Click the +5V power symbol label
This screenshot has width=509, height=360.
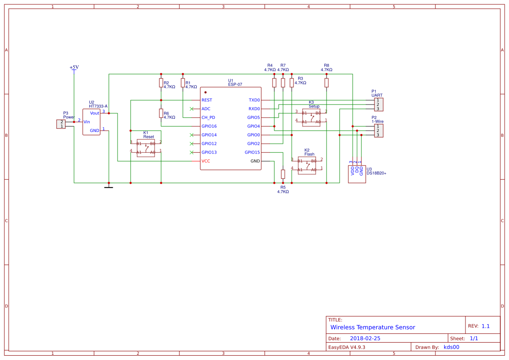[x=74, y=67]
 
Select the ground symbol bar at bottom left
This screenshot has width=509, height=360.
[x=108, y=188]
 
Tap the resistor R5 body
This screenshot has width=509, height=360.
[x=283, y=174]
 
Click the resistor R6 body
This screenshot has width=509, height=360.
[x=161, y=113]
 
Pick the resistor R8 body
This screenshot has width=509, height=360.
[x=327, y=83]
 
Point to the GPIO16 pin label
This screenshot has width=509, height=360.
[x=209, y=126]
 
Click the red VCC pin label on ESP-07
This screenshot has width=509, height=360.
[x=206, y=161]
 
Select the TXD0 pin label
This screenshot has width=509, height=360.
[x=254, y=100]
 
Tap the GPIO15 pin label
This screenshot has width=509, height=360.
[x=252, y=152]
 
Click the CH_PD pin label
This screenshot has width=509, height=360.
[x=208, y=118]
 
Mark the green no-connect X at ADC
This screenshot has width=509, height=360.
[x=192, y=109]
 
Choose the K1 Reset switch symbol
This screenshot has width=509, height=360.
[x=146, y=148]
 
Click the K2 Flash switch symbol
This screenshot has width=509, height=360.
[x=307, y=165]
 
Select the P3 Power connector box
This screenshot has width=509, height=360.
[x=61, y=124]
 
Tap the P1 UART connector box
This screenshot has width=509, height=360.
[x=378, y=104]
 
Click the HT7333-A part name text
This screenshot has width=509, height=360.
[x=98, y=106]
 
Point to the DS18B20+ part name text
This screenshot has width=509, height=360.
[x=377, y=173]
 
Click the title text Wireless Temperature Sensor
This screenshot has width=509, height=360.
[x=373, y=327]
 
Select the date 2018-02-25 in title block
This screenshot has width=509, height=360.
[x=365, y=338]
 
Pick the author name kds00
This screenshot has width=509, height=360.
[x=451, y=347]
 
